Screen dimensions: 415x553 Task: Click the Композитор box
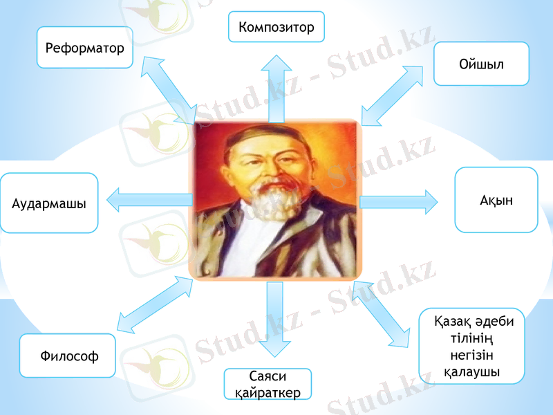[x=276, y=26]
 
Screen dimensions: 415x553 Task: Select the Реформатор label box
[x=84, y=47]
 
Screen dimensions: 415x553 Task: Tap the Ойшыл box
[x=481, y=64]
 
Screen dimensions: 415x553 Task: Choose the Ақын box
[x=496, y=199]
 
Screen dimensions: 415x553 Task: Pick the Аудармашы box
[x=49, y=203]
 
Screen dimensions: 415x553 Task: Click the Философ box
[x=68, y=356]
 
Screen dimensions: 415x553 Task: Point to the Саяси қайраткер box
[x=268, y=384]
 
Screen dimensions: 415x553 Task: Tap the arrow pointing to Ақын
[x=399, y=201]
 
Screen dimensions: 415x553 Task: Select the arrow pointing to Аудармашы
[x=149, y=200]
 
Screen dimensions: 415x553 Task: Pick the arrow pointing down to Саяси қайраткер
[x=274, y=319]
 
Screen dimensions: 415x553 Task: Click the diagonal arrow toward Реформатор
[x=169, y=90]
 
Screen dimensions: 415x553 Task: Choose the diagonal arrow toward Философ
[x=156, y=305]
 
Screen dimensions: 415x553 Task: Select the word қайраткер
[x=263, y=392]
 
